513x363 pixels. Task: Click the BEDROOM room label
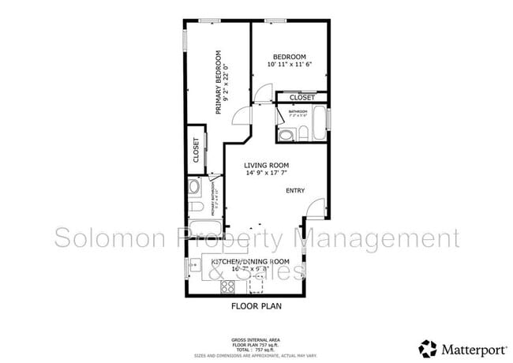289,57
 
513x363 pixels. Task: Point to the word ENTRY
294,190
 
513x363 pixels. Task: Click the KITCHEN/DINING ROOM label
251,261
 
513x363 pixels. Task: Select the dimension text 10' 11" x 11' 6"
289,65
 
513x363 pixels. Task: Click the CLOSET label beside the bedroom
301,98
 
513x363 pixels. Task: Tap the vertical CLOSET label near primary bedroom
196,149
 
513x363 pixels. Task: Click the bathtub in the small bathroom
318,123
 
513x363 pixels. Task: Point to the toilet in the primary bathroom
196,208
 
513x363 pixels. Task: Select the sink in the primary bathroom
194,188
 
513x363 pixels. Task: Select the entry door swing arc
315,208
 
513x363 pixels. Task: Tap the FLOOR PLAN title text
256,305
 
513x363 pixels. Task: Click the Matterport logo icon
429,347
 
